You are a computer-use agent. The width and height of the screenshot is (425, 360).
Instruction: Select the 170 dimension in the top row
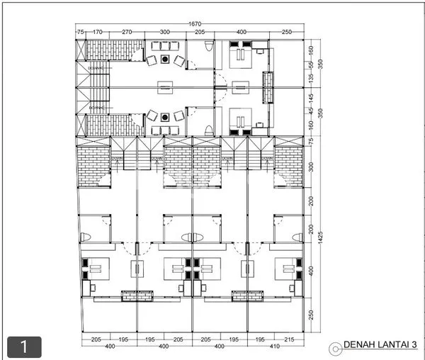tap(98, 32)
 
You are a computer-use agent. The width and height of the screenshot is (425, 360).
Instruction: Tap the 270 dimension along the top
tap(127, 32)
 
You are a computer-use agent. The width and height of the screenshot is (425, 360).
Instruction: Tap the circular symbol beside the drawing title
tap(335, 347)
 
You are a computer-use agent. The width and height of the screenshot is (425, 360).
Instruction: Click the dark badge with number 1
tap(24, 347)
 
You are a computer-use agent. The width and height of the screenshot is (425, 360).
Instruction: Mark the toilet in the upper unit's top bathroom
tap(207, 47)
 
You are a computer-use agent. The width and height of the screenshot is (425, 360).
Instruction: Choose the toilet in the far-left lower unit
tap(85, 237)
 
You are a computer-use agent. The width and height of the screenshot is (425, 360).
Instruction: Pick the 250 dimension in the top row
tap(285, 32)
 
